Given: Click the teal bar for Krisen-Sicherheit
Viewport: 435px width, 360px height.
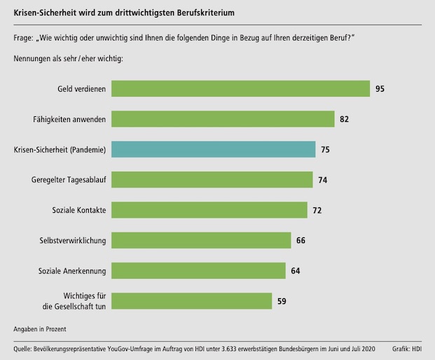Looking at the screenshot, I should [x=213, y=149].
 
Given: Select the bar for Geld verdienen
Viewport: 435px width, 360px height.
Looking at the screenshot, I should [x=240, y=89].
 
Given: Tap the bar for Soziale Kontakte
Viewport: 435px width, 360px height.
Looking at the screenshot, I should [x=209, y=210].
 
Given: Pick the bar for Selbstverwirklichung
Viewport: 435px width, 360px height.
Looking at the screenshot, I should [x=201, y=240].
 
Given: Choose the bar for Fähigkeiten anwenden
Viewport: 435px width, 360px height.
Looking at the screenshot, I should [x=223, y=119].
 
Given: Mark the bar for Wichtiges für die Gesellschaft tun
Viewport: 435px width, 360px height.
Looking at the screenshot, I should [x=192, y=301].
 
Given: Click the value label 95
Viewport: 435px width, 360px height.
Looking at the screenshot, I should [x=380, y=89].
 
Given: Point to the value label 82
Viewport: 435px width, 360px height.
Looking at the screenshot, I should [x=345, y=119].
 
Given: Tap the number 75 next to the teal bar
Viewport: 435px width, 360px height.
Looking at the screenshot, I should [x=325, y=149].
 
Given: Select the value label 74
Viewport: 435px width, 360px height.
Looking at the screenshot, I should [x=323, y=180].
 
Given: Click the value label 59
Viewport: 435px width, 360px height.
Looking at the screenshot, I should [x=282, y=301].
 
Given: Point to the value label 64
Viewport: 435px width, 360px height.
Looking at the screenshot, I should [x=296, y=271].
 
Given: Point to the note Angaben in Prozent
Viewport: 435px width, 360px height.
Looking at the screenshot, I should [x=40, y=328].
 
